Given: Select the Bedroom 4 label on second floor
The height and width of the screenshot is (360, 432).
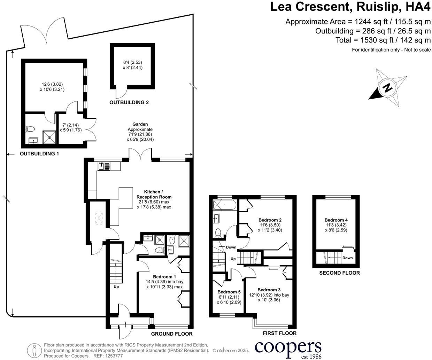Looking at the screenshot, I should tap(336, 220).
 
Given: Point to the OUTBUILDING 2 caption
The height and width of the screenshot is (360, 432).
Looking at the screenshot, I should tap(129, 102).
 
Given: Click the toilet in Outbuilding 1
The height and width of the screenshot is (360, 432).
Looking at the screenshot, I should tap(30, 129).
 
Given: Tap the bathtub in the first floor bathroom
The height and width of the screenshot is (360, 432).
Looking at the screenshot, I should tap(224, 204).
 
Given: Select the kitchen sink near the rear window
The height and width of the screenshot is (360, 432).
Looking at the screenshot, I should tap(104, 166).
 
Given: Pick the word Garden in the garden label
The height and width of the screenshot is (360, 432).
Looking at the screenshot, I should tap(140, 124).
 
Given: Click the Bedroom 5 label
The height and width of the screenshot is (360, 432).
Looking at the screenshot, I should tap(229, 292).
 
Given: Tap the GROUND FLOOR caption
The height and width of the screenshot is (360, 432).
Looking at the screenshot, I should tap(171, 334).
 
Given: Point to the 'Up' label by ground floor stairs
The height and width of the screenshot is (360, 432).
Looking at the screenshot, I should tap(116, 287).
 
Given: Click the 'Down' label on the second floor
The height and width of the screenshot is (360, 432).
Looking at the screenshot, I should tap(347, 258).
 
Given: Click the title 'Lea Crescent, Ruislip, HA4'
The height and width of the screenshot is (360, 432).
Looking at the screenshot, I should tap(350, 7).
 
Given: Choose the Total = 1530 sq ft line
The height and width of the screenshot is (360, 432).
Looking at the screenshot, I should tap(383, 40).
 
